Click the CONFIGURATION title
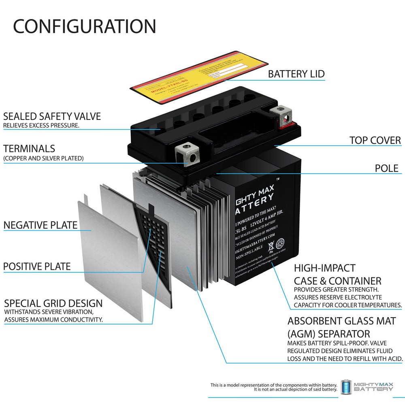pos(84,26)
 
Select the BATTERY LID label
pos(296,74)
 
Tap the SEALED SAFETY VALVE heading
pos(52,117)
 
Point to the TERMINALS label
pos(29,148)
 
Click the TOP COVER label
pos(375,141)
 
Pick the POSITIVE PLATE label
pos(37,266)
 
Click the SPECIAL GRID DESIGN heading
pos(53,303)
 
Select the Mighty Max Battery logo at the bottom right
pos(367,387)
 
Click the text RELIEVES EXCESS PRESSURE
pos(41,126)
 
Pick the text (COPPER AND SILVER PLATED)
pos(43,158)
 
